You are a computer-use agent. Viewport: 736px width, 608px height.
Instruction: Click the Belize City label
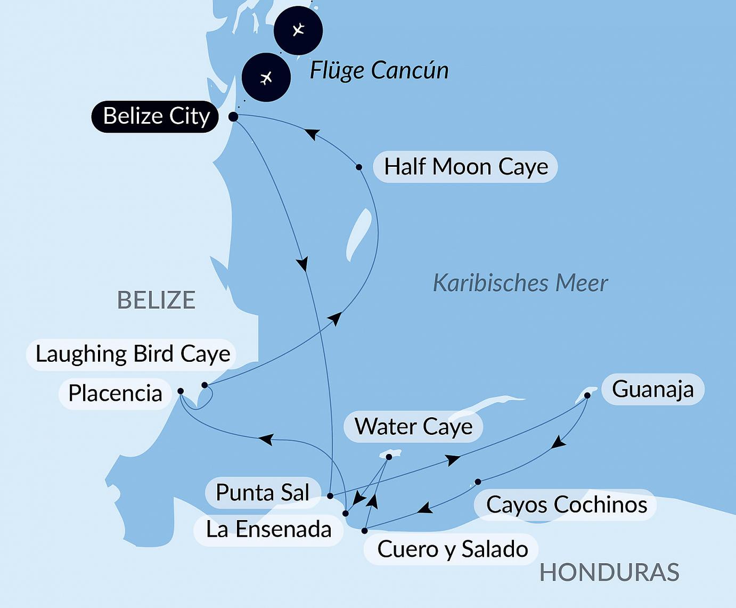(x=155, y=116)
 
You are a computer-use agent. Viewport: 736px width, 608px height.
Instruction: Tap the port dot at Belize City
(x=233, y=117)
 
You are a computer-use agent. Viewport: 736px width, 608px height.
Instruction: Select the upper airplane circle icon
(x=298, y=30)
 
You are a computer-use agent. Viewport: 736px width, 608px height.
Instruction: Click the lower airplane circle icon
(x=266, y=78)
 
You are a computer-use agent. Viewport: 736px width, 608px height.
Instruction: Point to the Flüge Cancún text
(x=379, y=70)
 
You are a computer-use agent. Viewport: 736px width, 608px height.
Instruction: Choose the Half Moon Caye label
(x=465, y=167)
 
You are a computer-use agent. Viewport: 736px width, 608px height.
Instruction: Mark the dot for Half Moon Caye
(x=359, y=167)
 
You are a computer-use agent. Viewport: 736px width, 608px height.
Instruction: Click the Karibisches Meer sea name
(x=520, y=283)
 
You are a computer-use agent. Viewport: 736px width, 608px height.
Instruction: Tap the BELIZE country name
(x=156, y=301)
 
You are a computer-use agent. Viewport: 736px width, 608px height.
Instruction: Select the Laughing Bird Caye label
(x=132, y=354)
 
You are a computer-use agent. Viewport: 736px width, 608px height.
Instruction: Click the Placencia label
(x=115, y=394)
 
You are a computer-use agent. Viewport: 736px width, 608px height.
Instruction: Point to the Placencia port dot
(x=181, y=391)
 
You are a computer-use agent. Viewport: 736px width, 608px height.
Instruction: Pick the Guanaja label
(x=652, y=390)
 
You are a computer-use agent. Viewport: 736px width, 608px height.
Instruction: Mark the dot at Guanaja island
(x=587, y=395)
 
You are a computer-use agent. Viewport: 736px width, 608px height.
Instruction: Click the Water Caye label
(x=413, y=427)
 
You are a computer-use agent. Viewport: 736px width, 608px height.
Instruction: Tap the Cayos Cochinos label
(x=566, y=505)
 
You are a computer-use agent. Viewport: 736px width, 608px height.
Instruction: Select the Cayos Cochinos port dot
(x=478, y=482)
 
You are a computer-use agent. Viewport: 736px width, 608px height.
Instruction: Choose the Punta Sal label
(x=263, y=492)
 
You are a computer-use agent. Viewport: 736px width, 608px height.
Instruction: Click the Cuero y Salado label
(x=452, y=549)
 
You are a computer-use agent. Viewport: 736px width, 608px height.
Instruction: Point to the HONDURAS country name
(x=609, y=573)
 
